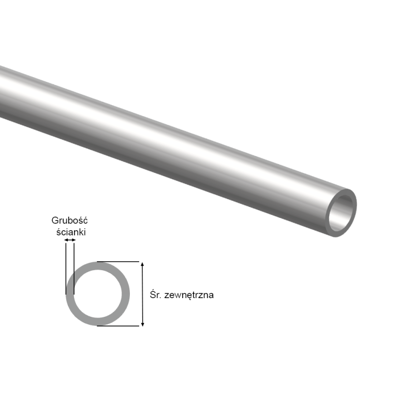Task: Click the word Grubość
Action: tap(69, 221)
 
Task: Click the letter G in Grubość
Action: tap(54, 221)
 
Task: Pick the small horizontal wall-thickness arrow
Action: tap(69, 240)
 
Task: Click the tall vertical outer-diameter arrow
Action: tap(142, 294)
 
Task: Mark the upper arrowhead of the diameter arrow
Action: tap(142, 264)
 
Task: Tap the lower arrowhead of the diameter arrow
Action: tap(142, 323)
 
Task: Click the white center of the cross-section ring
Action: tap(97, 294)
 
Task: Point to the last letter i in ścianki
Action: tap(85, 232)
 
